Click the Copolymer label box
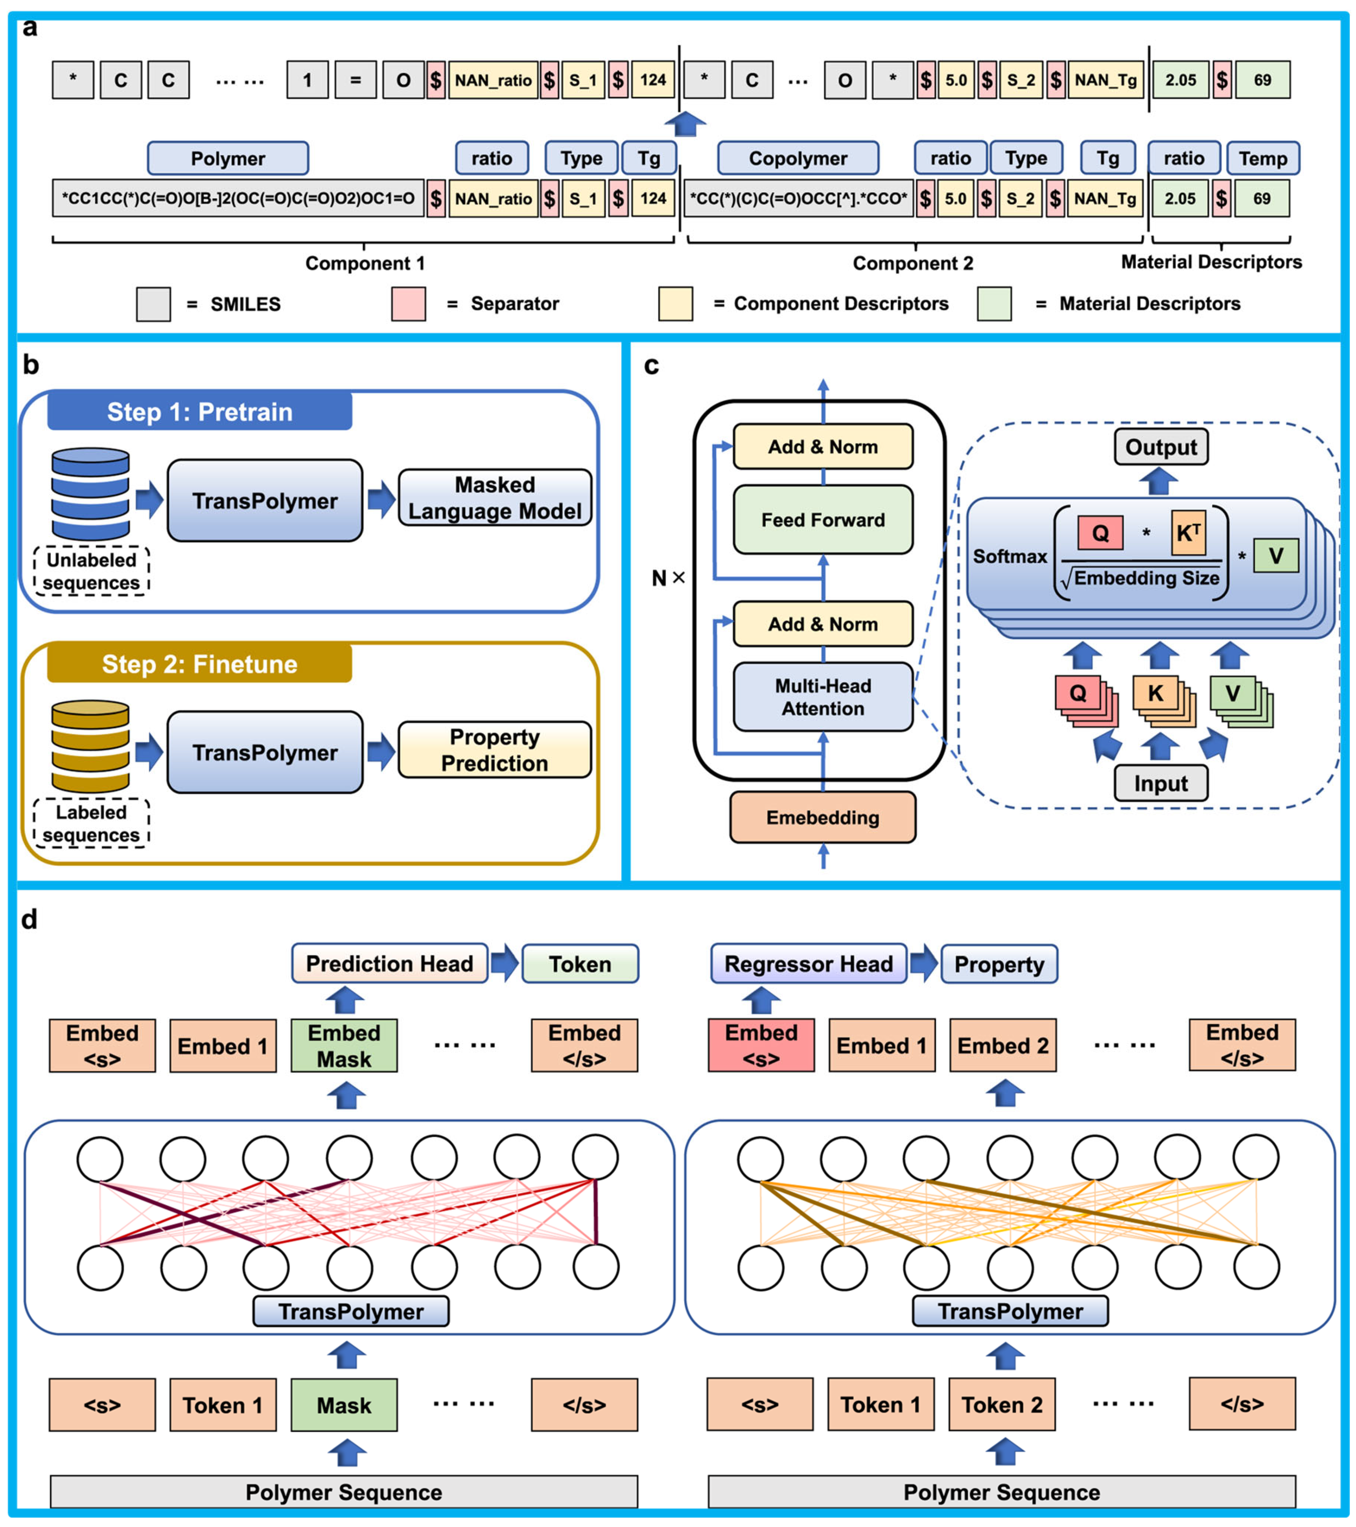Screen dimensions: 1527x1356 798,158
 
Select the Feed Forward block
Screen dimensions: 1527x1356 823,520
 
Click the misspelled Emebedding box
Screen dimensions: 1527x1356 823,817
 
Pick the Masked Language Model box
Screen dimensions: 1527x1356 495,498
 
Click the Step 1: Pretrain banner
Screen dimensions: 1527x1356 199,412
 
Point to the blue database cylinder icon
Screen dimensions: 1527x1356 90,494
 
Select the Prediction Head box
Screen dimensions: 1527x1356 389,964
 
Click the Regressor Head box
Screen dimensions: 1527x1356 809,964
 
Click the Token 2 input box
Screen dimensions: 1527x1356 1002,1404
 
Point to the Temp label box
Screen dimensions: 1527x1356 1263,158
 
